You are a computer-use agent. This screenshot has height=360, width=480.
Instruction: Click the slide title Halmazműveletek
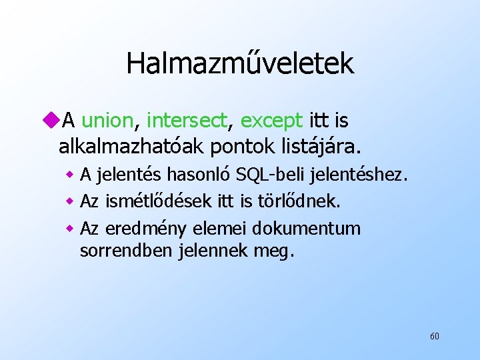[x=239, y=64]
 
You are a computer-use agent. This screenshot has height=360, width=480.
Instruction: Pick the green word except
[x=271, y=121]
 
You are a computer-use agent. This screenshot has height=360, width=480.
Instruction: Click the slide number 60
[x=434, y=336]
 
